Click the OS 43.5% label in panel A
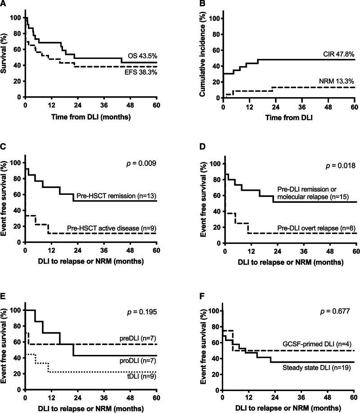143,56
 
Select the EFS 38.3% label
141,72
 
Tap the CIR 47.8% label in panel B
339,54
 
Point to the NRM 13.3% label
337,81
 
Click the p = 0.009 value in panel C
141,164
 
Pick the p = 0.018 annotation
341,166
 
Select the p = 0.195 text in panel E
142,312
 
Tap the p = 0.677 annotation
335,311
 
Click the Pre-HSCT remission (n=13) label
117,196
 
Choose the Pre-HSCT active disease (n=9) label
112,228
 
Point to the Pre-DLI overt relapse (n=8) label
316,228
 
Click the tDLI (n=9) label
141,377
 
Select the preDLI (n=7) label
138,338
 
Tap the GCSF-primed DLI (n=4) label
317,344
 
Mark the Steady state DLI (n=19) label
316,368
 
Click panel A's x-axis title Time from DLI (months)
91,117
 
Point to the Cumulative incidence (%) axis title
202,54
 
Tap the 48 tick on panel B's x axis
328,107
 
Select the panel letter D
202,147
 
